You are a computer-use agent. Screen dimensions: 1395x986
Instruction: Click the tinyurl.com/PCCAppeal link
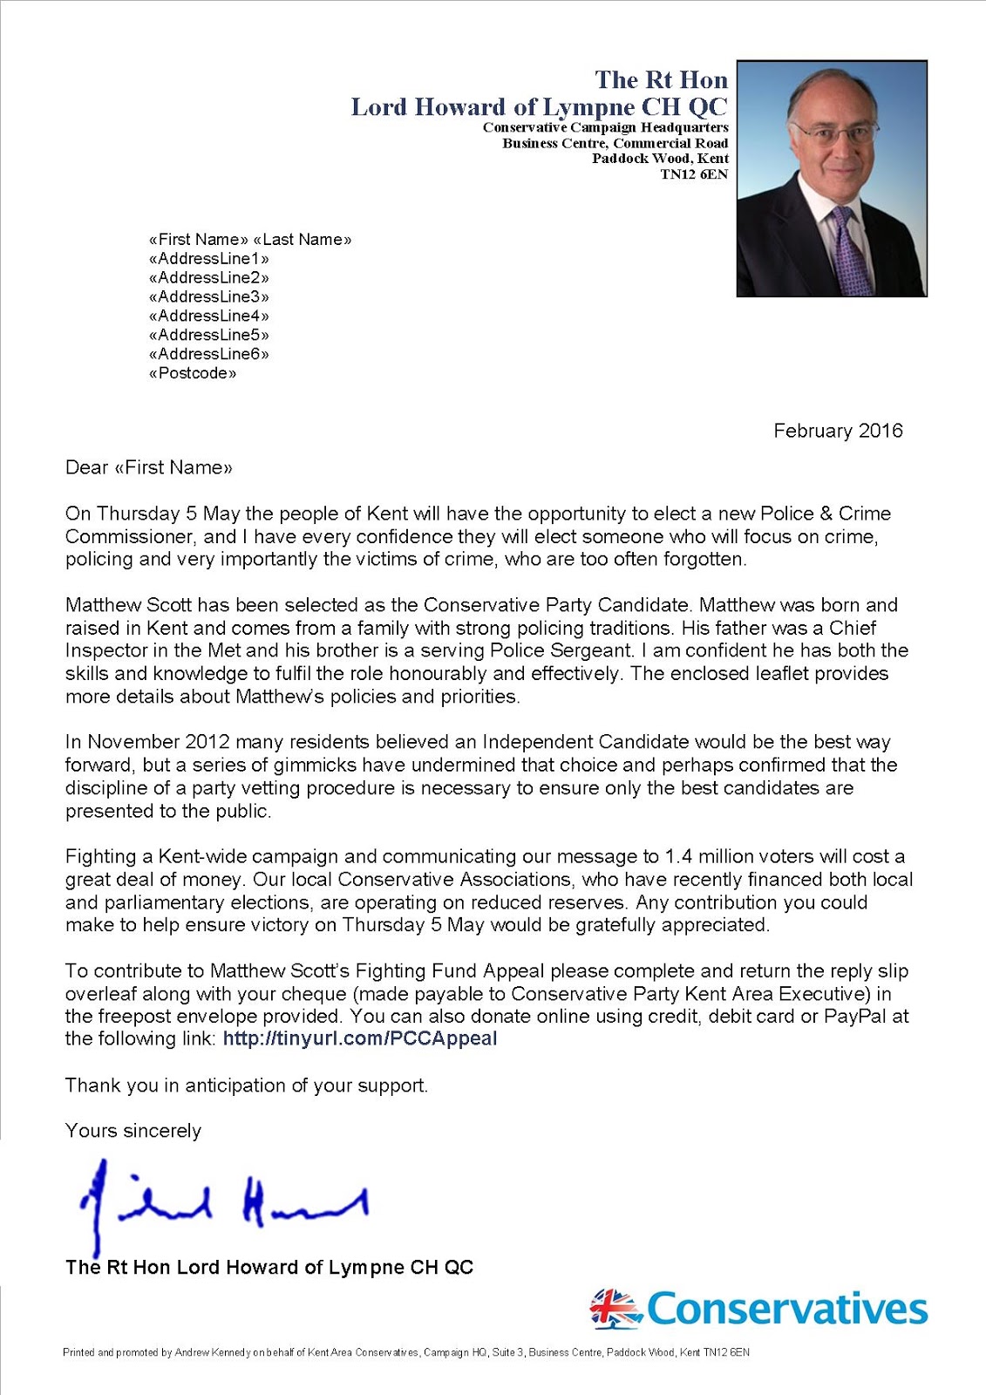pos(359,1038)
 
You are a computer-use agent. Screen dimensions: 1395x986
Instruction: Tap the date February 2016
pos(838,431)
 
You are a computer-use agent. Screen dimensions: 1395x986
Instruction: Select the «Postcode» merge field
pos(193,373)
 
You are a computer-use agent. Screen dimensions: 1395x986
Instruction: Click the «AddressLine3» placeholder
pos(209,296)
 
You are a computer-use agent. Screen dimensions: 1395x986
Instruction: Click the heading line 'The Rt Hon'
pos(661,80)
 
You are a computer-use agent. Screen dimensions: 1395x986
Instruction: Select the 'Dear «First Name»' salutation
pos(149,467)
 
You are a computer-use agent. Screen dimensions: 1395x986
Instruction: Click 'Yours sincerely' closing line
pos(133,1131)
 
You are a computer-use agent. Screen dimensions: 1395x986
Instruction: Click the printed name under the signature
pos(269,1267)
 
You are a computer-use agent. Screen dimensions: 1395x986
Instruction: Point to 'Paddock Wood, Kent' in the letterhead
pos(660,159)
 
